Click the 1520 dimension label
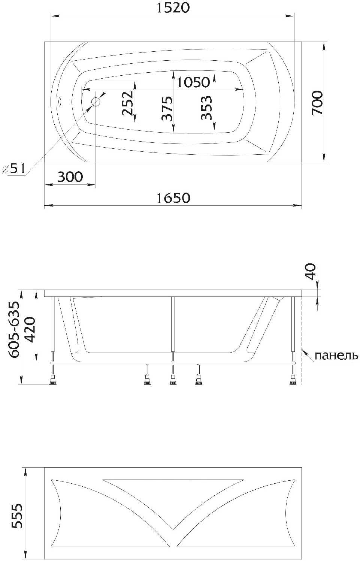(x=173, y=7)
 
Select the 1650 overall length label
(x=173, y=198)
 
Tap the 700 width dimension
(x=317, y=103)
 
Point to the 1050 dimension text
(x=193, y=82)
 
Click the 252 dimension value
(x=128, y=103)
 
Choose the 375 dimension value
(x=167, y=108)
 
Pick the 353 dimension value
(x=206, y=108)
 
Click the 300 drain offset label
(x=70, y=177)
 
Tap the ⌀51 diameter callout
(x=14, y=168)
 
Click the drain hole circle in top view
(x=96, y=102)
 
